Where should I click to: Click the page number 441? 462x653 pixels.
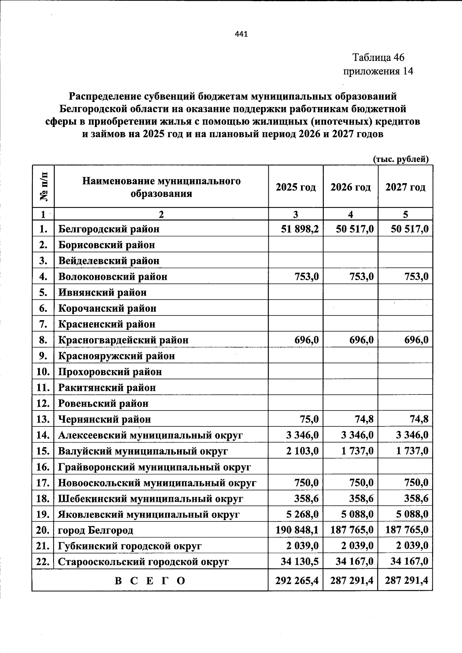point(241,34)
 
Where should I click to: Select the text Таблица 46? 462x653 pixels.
point(378,58)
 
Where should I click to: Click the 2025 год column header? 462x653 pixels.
point(295,187)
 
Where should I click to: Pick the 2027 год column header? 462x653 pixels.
point(405,187)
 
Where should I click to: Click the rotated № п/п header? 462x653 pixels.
point(44,187)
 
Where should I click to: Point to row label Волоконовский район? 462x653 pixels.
point(113,277)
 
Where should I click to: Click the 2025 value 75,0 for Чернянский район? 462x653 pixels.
point(309,419)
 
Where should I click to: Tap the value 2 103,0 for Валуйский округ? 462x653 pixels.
point(302,451)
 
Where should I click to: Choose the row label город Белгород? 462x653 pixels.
point(95,530)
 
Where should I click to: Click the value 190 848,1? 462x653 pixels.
point(297,530)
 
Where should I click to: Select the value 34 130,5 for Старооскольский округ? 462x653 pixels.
point(299,562)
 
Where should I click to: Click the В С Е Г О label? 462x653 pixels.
point(150,580)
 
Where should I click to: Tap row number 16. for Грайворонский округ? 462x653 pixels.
point(43,467)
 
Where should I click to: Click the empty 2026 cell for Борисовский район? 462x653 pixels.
point(350,245)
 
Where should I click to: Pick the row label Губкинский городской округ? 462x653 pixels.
point(130,546)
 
